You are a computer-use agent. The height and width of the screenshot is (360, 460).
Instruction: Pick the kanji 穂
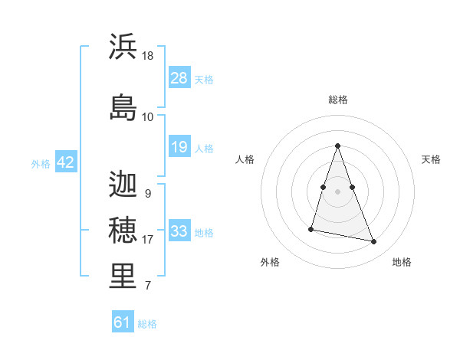123,230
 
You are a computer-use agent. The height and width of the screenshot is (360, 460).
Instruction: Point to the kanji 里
123,277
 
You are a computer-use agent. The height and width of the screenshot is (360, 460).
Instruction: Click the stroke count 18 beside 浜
148,57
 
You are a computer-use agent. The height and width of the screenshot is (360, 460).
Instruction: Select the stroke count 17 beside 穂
148,240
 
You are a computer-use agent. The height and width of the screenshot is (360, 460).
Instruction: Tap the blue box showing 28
179,78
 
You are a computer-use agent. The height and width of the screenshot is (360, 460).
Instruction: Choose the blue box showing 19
179,147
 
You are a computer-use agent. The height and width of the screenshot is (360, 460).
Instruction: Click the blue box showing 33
179,231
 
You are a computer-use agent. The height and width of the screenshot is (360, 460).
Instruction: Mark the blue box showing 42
65,163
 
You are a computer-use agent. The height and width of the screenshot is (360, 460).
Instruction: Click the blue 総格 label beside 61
147,324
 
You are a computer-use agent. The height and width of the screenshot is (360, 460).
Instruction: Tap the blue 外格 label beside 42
41,164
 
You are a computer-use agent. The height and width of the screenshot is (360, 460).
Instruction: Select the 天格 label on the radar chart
431,159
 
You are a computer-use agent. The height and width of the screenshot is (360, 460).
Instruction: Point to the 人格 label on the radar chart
245,159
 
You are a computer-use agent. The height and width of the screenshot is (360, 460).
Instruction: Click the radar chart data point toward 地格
374,242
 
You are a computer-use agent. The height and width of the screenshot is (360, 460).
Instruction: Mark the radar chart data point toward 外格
311,229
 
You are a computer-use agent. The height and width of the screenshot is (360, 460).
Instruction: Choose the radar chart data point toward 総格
337,146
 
